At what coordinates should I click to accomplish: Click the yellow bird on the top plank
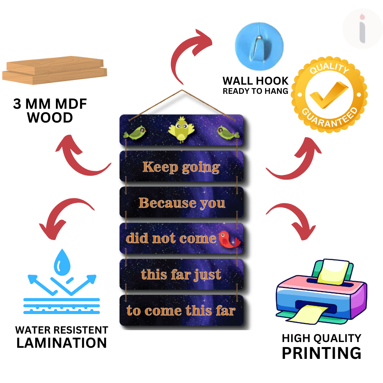coord(182,129)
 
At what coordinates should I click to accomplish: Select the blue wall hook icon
coord(259,46)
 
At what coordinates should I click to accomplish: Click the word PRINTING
coord(321,353)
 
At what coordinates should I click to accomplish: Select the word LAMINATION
coord(62,343)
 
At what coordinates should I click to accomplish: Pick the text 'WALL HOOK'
coord(255,81)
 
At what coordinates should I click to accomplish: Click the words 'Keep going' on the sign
coord(181,167)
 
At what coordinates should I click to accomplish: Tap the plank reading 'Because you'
coord(182,203)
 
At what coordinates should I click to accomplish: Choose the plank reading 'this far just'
coord(181,274)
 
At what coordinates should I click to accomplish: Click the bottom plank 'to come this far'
coord(181,310)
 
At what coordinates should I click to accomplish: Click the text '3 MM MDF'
coord(50,104)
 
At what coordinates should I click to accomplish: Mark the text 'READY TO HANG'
coord(255,91)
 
